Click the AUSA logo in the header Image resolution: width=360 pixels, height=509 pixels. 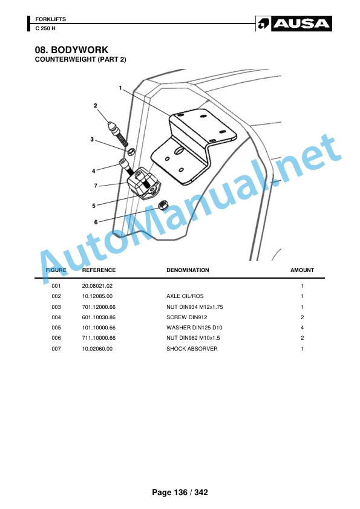pyautogui.click(x=293, y=24)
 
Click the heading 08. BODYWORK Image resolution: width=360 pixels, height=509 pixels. pyautogui.click(x=71, y=50)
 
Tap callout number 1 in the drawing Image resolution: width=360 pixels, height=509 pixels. pyautogui.click(x=120, y=88)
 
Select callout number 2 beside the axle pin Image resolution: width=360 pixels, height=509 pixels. pyautogui.click(x=95, y=106)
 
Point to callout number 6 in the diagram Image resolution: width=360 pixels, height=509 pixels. pyautogui.click(x=96, y=222)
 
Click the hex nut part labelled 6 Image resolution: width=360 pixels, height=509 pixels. pyautogui.click(x=163, y=205)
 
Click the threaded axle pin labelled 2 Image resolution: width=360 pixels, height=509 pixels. pyautogui.click(x=118, y=134)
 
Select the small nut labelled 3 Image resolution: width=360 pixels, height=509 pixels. pyautogui.click(x=131, y=151)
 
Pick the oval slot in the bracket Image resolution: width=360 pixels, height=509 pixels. pyautogui.click(x=178, y=151)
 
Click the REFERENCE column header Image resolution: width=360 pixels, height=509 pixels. pyautogui.click(x=99, y=270)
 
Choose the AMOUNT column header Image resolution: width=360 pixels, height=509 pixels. pyautogui.click(x=302, y=270)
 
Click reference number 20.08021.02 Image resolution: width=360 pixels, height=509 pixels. pyautogui.click(x=97, y=286)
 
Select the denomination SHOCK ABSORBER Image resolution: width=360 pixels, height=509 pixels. pyautogui.click(x=192, y=349)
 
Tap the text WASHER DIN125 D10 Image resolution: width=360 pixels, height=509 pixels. pyautogui.click(x=194, y=328)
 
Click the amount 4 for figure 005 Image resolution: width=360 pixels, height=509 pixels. pyautogui.click(x=302, y=328)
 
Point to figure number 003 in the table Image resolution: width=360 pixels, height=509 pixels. pyautogui.click(x=56, y=307)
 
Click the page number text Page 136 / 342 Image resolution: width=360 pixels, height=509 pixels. pyautogui.click(x=180, y=493)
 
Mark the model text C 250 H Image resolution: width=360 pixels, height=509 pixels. pyautogui.click(x=45, y=28)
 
